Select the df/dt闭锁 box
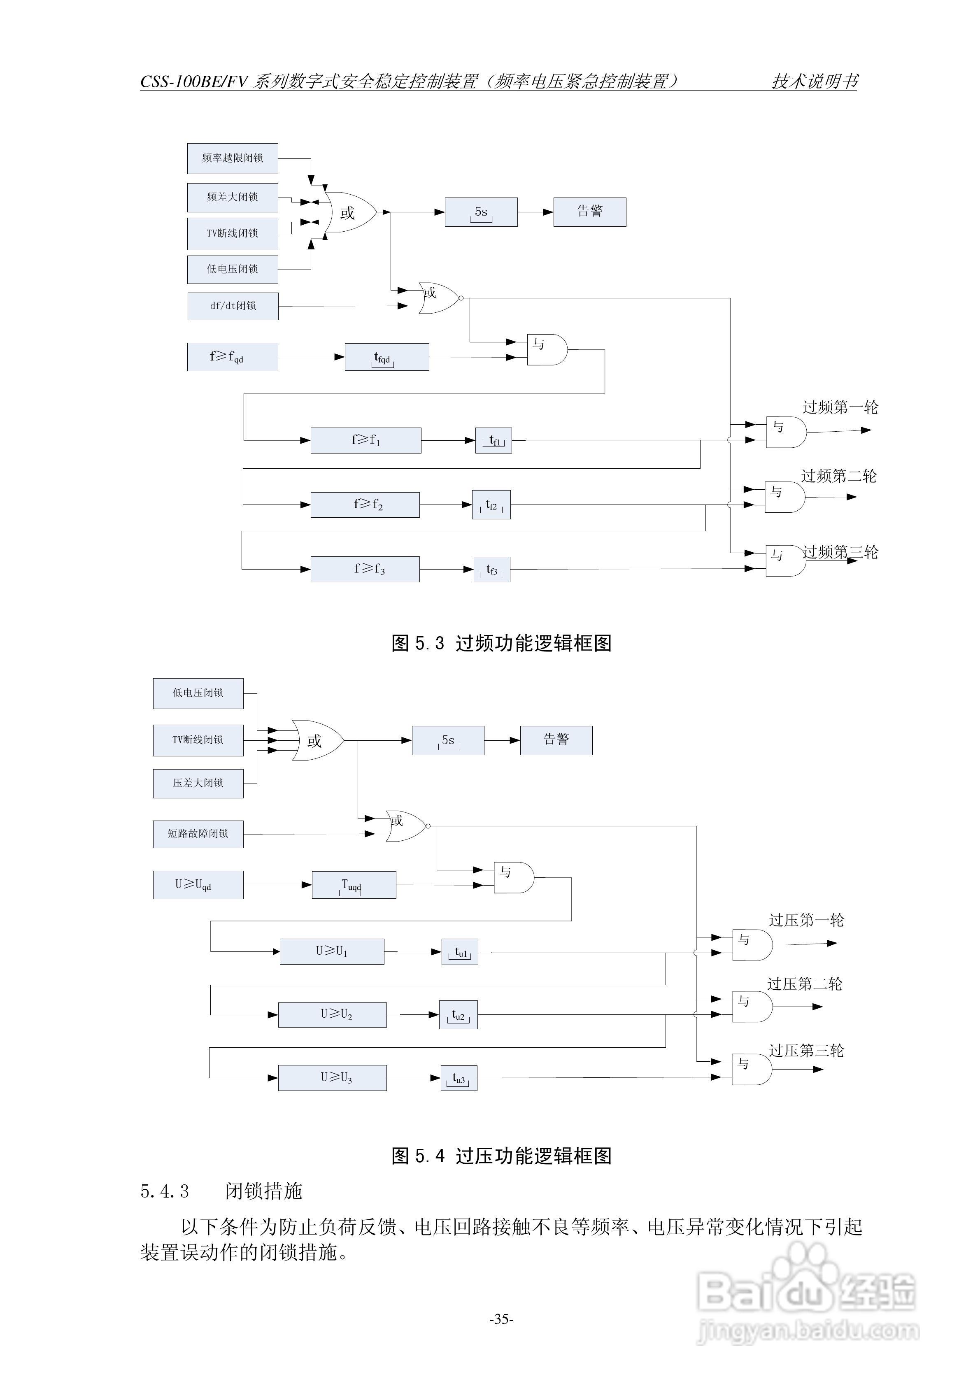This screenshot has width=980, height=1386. click(233, 306)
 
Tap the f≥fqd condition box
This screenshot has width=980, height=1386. click(233, 357)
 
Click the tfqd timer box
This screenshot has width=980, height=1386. click(386, 357)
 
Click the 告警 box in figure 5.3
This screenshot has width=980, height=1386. click(589, 212)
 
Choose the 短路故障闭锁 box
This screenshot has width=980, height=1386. click(198, 834)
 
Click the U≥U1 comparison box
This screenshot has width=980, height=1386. click(331, 951)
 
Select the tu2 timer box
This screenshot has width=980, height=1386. click(458, 1015)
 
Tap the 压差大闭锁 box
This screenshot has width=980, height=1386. click(198, 784)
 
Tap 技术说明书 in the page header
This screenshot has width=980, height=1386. click(815, 81)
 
